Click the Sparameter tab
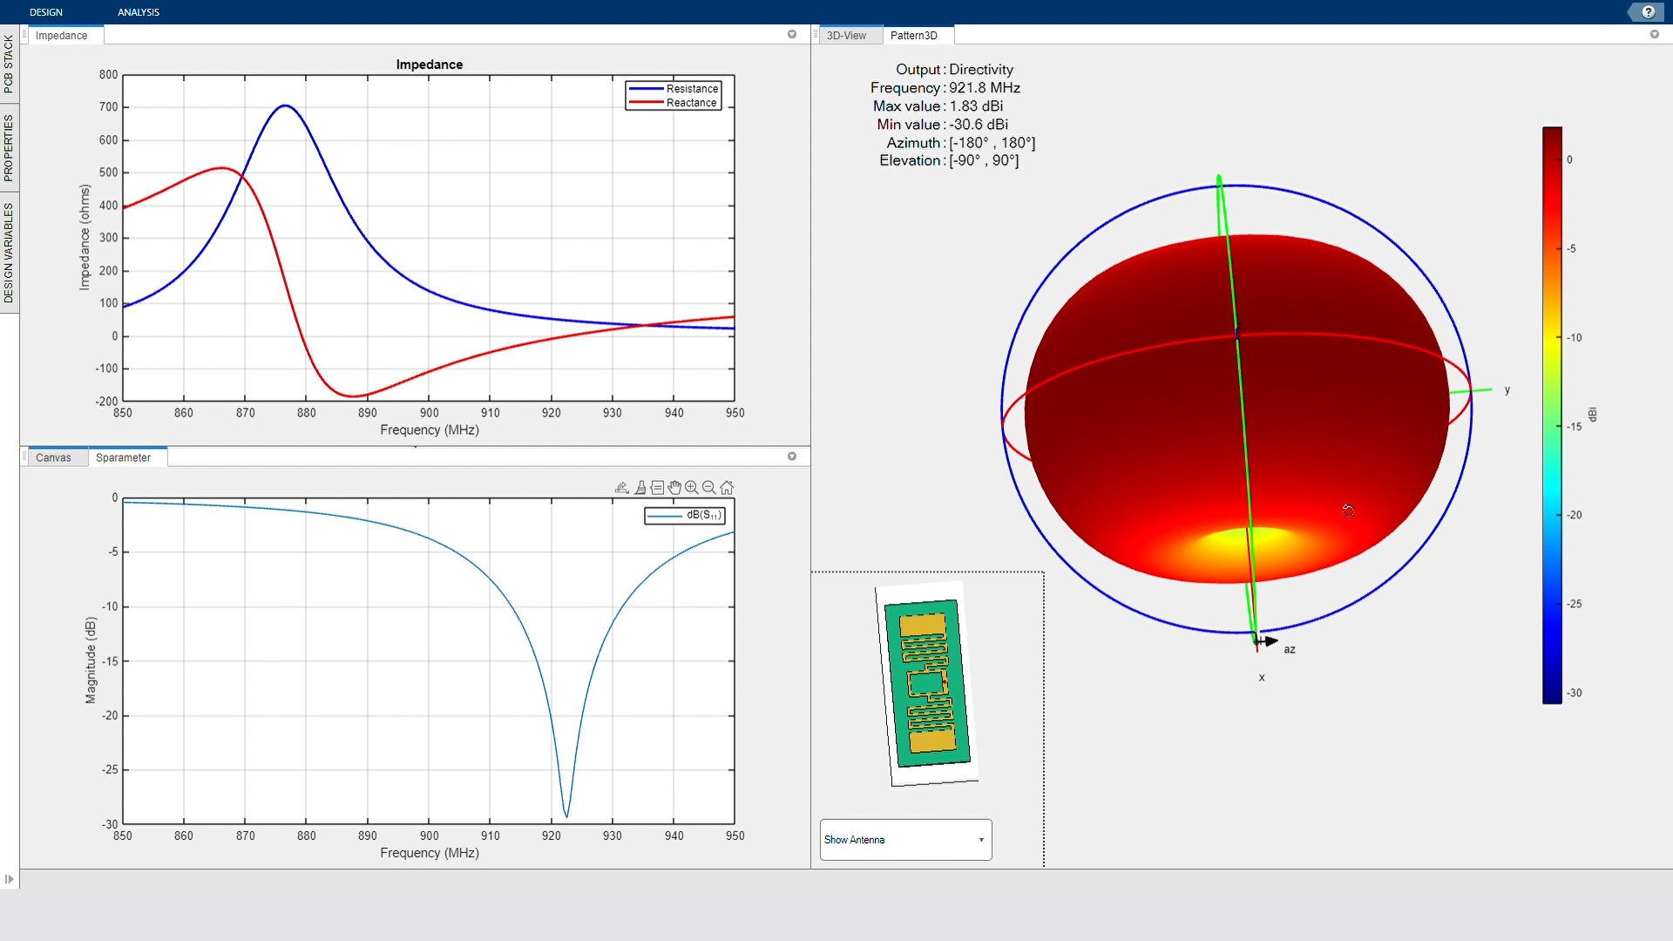click(123, 457)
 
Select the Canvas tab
click(53, 457)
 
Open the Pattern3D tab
click(914, 36)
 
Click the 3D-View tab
click(846, 36)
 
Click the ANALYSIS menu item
click(139, 12)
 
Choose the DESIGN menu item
click(46, 12)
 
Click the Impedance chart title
click(430, 64)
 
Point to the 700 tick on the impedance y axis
click(108, 107)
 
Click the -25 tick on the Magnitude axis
click(110, 769)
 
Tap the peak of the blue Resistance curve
click(285, 105)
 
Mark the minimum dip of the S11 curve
click(567, 816)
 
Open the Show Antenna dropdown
click(905, 840)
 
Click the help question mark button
click(1648, 12)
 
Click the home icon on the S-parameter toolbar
click(727, 488)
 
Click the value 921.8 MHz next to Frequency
click(985, 88)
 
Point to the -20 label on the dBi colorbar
click(1574, 515)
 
